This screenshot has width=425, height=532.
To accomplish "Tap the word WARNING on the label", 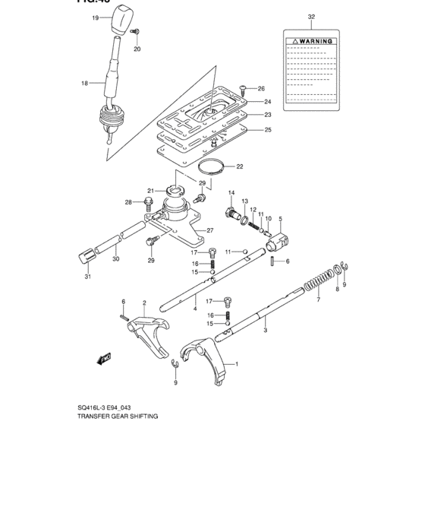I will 315,40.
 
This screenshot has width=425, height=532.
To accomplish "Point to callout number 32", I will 311,15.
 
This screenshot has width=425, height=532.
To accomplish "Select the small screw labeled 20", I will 134,32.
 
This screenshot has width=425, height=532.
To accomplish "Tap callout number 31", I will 87,277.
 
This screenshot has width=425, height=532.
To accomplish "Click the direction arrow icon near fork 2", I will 105,356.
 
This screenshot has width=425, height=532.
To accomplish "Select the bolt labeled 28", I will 150,203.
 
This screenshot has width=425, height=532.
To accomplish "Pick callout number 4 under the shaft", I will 194,308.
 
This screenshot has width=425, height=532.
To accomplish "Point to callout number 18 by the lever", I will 85,83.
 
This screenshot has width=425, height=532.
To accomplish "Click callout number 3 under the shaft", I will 265,331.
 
